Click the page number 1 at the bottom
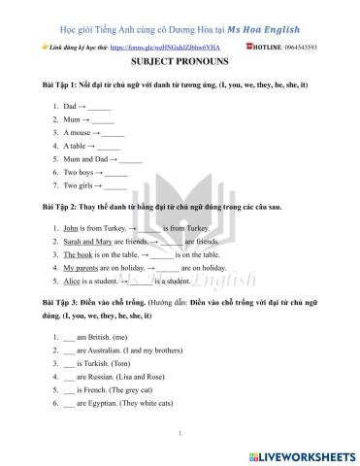tap(180, 434)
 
